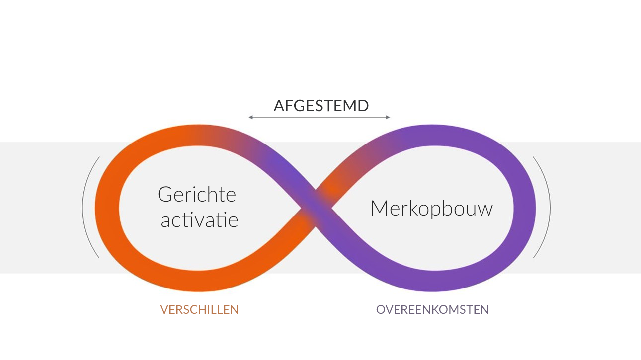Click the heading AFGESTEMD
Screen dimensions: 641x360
pyautogui.click(x=321, y=105)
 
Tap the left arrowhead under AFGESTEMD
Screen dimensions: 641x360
pyautogui.click(x=250, y=117)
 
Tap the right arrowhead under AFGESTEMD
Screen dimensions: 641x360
pyautogui.click(x=388, y=117)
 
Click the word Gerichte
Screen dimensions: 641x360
pyautogui.click(x=197, y=195)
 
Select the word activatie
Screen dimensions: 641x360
pyautogui.click(x=199, y=219)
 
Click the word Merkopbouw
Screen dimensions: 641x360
pyautogui.click(x=432, y=208)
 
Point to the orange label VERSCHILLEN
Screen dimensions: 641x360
pyautogui.click(x=199, y=310)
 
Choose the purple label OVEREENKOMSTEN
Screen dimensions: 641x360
pyautogui.click(x=432, y=310)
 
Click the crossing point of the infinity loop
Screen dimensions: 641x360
pyautogui.click(x=316, y=208)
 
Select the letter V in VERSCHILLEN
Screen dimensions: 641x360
pyautogui.click(x=165, y=310)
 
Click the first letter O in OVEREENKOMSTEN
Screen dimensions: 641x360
pyautogui.click(x=381, y=310)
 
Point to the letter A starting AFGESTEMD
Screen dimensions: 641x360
pyautogui.click(x=280, y=105)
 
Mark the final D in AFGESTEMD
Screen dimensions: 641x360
pyautogui.click(x=363, y=105)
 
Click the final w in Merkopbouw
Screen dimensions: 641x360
pyautogui.click(x=485, y=210)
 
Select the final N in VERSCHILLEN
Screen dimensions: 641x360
pyautogui.click(x=235, y=310)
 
